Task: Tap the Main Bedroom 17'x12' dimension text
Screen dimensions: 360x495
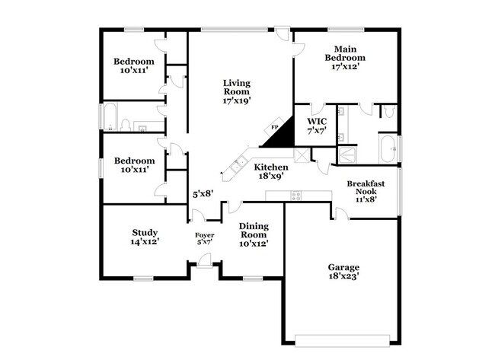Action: [x=345, y=66]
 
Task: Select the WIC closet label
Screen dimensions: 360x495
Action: [x=316, y=121]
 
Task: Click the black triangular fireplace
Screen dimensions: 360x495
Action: [x=279, y=136]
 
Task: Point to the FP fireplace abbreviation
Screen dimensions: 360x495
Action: [x=275, y=127]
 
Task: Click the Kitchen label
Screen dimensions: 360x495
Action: [x=271, y=167]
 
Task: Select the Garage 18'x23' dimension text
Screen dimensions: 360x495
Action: [x=343, y=277]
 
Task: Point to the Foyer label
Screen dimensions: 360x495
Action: [x=204, y=235]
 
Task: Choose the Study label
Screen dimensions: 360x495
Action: [x=145, y=233]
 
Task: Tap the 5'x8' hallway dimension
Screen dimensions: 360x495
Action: [x=202, y=194]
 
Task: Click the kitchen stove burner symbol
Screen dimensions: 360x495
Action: [x=295, y=195]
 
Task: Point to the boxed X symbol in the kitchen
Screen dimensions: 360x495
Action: [x=302, y=155]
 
